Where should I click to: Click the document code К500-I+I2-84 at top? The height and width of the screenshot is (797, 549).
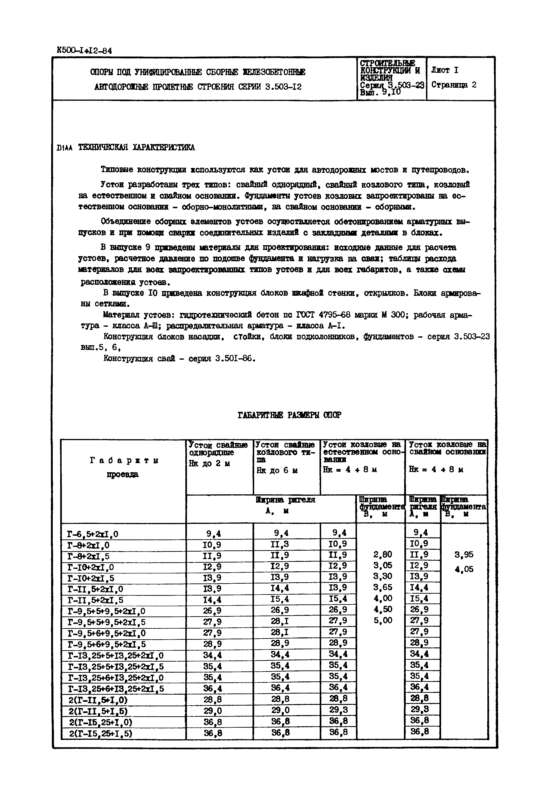84,50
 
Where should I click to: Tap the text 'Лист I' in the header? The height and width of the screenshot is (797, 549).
444,70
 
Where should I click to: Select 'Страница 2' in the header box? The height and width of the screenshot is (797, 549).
454,85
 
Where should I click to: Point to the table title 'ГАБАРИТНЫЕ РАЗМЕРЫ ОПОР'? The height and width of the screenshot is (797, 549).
289,415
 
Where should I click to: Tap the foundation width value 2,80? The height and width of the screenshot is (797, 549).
383,554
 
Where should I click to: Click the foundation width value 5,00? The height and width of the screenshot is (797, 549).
383,620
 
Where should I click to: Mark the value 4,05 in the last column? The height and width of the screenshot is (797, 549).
464,569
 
